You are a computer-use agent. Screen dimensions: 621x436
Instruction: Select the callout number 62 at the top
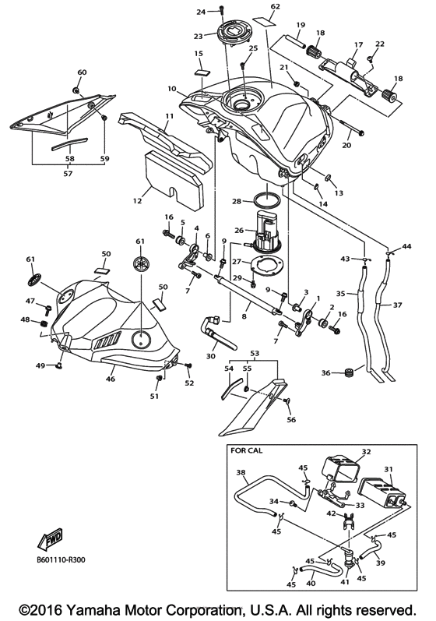point(274,7)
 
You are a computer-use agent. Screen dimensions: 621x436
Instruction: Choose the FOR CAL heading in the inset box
point(247,450)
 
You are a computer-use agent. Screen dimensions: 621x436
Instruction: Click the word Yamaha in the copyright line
point(113,606)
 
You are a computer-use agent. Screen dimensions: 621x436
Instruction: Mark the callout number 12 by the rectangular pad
point(136,200)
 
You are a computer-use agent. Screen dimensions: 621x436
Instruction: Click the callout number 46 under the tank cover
point(111,379)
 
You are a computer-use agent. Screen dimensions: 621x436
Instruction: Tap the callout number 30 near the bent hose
point(210,355)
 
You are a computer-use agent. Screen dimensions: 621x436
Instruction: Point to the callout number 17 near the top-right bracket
point(359,44)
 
